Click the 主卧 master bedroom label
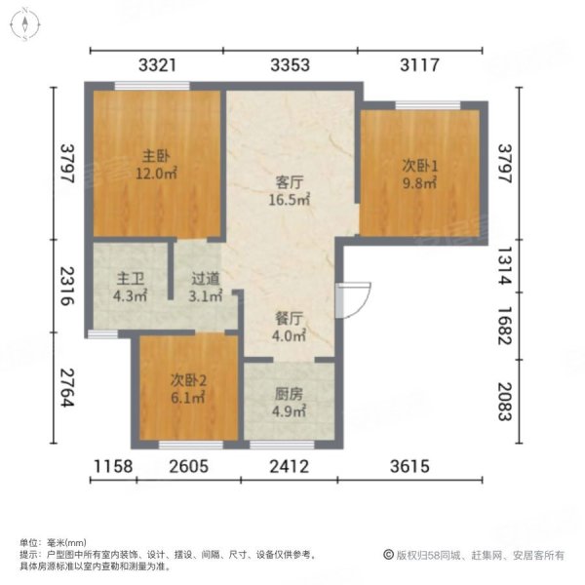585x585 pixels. coord(154,156)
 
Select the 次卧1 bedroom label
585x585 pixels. coord(420,166)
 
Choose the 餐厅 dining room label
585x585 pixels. coord(290,318)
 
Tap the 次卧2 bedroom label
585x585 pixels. coord(186,380)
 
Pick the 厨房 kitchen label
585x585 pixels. coord(289,394)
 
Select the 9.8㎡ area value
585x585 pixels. coord(420,183)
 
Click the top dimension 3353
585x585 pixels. coord(290,65)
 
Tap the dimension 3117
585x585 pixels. coord(420,65)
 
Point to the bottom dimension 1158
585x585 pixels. coord(112,467)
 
